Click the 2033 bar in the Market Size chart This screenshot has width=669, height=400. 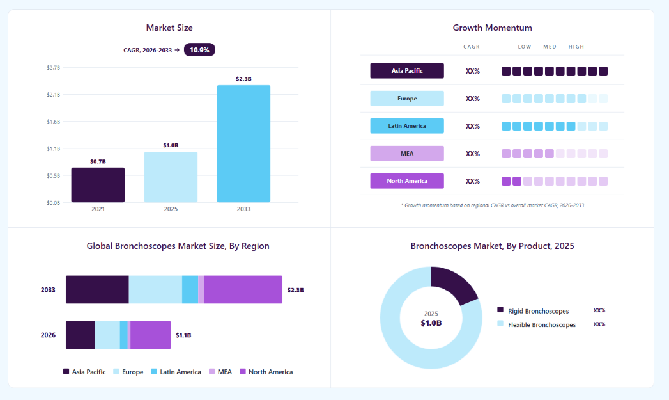243,143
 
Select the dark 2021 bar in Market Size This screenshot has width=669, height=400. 98,184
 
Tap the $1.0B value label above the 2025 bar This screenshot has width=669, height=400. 171,145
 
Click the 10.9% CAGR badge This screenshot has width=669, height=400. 199,50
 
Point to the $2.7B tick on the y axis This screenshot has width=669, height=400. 53,68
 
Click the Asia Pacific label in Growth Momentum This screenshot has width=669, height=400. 407,71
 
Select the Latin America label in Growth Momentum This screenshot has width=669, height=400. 407,126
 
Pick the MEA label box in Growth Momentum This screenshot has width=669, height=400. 407,154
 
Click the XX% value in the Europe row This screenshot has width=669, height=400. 473,99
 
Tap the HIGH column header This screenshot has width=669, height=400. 576,47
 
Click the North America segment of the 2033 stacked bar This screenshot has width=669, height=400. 243,290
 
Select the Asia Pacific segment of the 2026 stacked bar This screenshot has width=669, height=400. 81,335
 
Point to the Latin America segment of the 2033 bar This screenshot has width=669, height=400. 190,290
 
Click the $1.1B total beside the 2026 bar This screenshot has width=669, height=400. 183,335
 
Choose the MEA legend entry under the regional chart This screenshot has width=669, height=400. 220,372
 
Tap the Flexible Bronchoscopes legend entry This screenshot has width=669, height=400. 537,324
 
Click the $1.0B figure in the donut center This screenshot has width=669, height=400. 431,323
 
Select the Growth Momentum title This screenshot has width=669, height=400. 493,28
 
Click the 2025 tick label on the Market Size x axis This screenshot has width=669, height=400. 171,209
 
